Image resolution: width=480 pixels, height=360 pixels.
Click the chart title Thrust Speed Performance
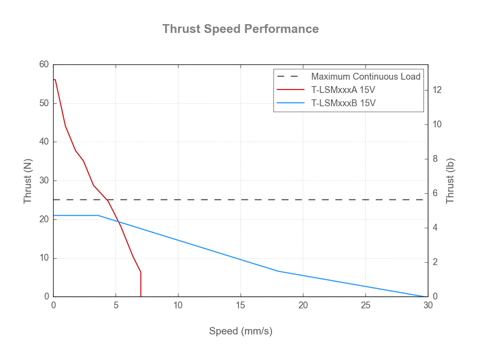[240, 29]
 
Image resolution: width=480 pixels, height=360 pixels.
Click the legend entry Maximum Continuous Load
[365, 77]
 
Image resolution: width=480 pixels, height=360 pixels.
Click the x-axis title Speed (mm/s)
[240, 331]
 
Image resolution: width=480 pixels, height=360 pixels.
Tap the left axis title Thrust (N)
[28, 181]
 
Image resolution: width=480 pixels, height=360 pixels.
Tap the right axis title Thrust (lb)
[450, 181]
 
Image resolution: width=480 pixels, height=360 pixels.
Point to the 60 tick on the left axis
[44, 64]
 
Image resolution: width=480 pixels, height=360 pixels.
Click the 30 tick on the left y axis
[44, 180]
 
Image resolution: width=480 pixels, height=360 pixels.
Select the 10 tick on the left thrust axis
[44, 258]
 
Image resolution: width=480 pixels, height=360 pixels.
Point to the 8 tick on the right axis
[435, 159]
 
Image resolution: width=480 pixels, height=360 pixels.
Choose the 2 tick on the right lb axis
[435, 262]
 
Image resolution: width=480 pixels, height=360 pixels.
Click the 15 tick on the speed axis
[240, 305]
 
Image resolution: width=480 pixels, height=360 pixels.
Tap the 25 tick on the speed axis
[365, 305]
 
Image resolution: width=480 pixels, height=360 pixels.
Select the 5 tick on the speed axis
[116, 305]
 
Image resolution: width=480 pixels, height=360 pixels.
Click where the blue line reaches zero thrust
[427, 297]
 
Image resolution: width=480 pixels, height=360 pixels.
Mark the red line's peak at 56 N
[55, 80]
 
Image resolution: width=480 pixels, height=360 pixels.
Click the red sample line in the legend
[291, 90]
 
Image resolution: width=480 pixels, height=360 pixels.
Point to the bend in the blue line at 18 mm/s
[278, 271]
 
